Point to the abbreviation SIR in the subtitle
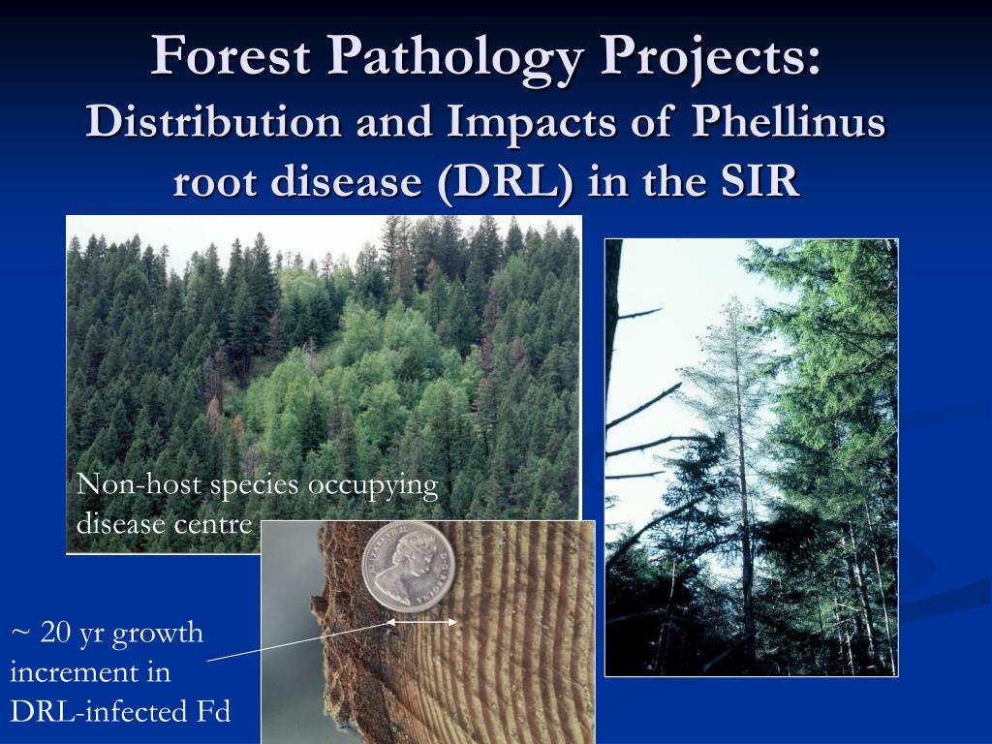pos(761,180)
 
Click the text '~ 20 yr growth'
pos(107,634)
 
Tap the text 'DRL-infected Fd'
pos(120,712)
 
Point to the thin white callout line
pos(291,643)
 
